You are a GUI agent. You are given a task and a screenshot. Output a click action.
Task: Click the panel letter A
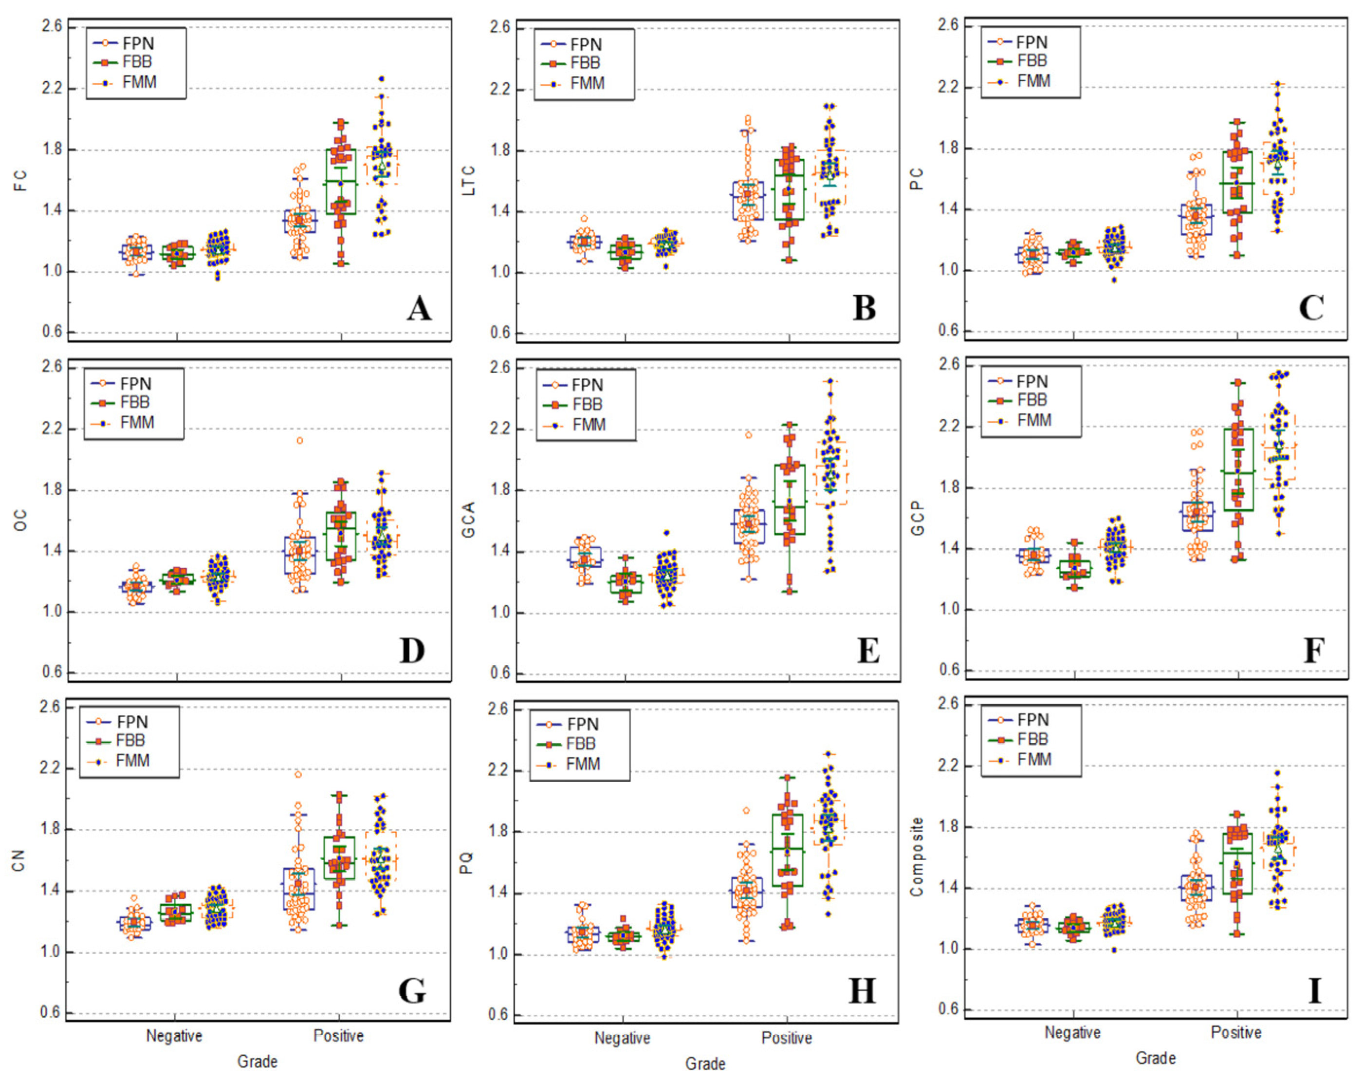pos(419,309)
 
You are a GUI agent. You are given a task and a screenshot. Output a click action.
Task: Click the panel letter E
pos(868,651)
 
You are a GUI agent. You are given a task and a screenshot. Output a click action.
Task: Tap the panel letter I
pos(1315,990)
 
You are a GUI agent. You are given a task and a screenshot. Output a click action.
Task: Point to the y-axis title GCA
pos(468,520)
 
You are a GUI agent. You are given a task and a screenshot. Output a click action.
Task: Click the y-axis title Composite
pos(917,857)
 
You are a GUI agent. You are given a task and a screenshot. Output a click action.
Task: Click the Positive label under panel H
pos(787,1038)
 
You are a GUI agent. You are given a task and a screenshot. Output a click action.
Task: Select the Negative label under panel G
pos(174,1036)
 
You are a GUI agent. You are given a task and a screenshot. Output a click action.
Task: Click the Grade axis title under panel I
pos(1156,1059)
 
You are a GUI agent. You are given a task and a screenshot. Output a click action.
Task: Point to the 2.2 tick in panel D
pos(52,429)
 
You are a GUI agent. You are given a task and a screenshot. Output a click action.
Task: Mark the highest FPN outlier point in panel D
pos(300,441)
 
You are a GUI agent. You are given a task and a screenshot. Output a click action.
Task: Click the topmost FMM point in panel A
pos(381,79)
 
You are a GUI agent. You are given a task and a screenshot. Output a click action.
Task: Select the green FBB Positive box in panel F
pos(1238,469)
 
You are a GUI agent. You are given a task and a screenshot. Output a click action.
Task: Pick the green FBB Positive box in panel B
pos(789,189)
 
